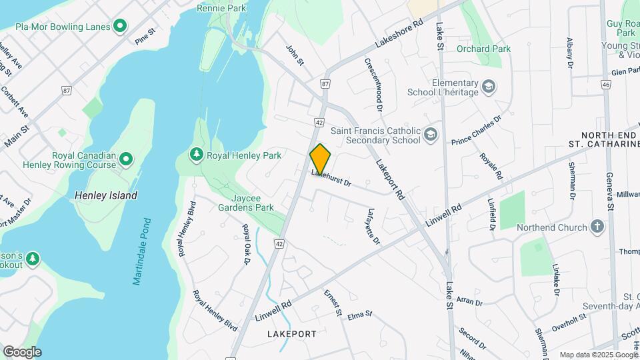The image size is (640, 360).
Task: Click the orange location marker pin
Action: [320, 159]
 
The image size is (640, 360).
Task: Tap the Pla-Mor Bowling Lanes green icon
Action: [120, 27]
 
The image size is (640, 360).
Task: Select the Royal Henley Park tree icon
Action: [196, 155]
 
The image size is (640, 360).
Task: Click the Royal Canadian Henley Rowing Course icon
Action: [126, 159]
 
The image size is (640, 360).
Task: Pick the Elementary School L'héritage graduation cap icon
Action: [489, 87]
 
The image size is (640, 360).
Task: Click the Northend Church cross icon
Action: [597, 227]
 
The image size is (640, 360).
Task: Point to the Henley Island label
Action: [106, 195]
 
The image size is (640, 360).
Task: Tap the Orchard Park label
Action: [483, 49]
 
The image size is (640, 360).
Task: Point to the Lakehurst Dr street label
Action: [331, 177]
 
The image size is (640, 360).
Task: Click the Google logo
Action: [22, 351]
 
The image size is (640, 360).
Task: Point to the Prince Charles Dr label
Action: [476, 131]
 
